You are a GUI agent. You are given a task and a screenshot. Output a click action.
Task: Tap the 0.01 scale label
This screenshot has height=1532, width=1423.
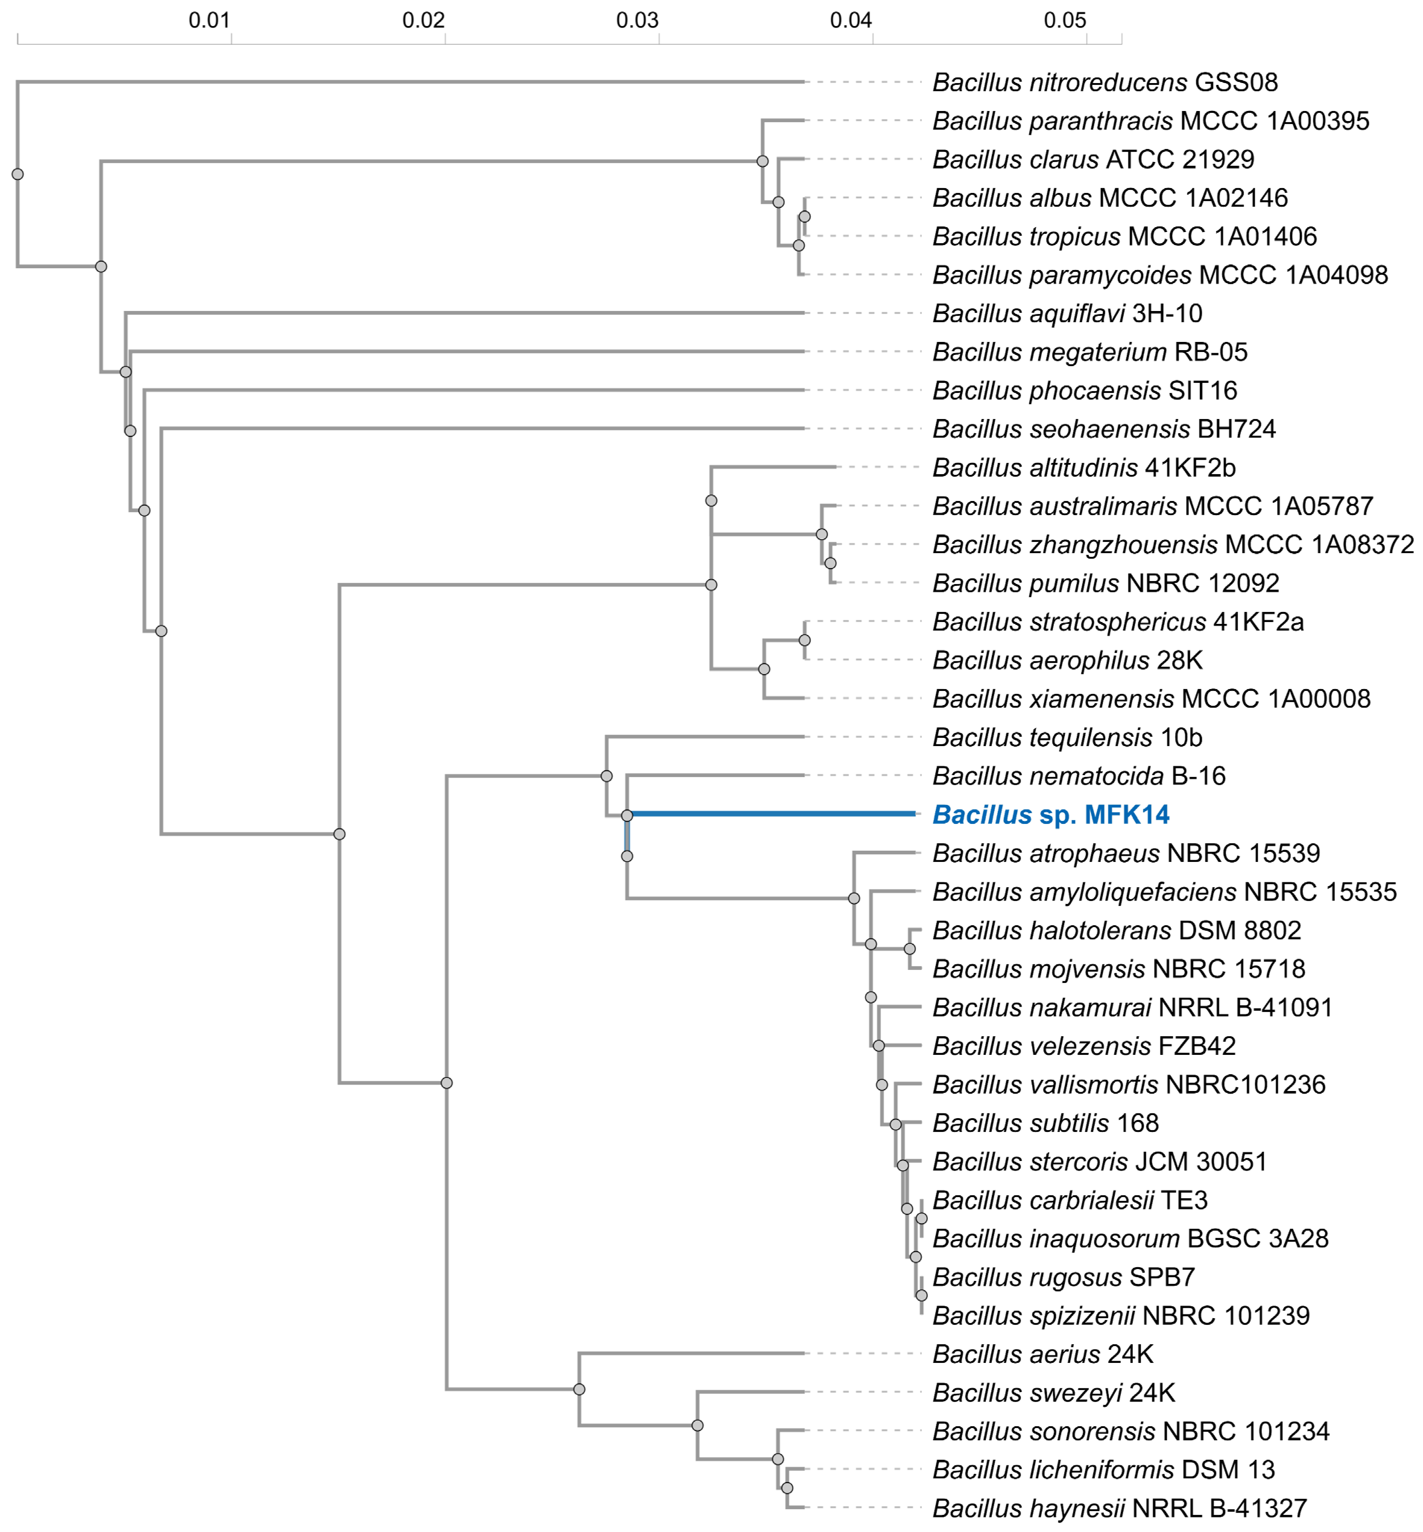(x=209, y=20)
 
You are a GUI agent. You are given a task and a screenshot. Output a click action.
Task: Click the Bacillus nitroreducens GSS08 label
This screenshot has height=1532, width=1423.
(x=1105, y=82)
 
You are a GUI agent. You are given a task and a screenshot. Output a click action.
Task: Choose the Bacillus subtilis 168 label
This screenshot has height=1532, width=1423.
(x=1045, y=1123)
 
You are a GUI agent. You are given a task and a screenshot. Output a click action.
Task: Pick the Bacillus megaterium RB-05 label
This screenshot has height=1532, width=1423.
(x=1090, y=352)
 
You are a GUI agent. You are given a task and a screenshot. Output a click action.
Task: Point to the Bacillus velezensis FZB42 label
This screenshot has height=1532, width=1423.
(x=1084, y=1046)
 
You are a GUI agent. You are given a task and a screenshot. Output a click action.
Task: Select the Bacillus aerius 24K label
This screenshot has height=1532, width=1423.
(x=1043, y=1354)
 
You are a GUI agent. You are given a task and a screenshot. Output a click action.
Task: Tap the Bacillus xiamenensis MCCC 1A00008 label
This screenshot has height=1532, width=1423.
(x=1151, y=699)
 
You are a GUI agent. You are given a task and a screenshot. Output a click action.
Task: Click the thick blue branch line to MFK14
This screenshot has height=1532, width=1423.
(x=770, y=813)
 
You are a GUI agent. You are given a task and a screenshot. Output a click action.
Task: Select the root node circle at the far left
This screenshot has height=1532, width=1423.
(x=18, y=174)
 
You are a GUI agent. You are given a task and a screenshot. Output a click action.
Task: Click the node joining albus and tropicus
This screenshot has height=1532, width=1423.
(x=805, y=216)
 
